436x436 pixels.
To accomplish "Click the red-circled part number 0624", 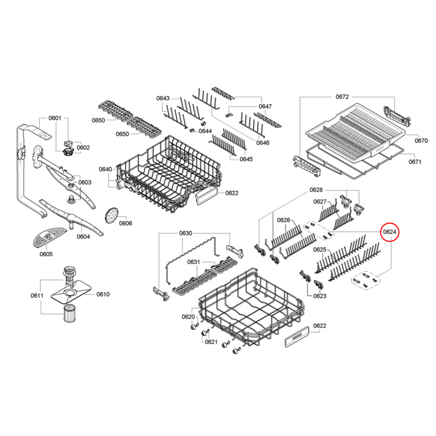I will coord(390,232).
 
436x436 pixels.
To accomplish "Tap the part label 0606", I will coord(126,223).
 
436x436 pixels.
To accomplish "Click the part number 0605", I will coord(46,254).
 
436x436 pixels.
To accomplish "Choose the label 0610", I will coord(103,294).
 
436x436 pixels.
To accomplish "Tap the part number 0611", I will coord(37,295).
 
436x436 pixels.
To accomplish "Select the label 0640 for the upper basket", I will coord(105,169).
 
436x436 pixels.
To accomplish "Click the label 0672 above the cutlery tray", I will coord(342,97).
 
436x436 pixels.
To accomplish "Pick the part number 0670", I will coord(421,141).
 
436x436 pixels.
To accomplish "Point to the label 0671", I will coord(415,162).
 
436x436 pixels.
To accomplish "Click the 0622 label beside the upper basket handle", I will coord(232,193).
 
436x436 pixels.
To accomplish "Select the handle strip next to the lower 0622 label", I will coord(297,337).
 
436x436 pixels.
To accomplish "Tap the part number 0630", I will coord(186,233).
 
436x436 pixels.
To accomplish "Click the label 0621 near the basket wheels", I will coord(211,342).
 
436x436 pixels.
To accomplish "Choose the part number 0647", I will coord(265,107).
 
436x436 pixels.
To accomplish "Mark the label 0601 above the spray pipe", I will coord(55,118).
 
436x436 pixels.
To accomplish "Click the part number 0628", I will coord(316,190).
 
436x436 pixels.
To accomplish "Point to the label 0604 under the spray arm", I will coord(83,237).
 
